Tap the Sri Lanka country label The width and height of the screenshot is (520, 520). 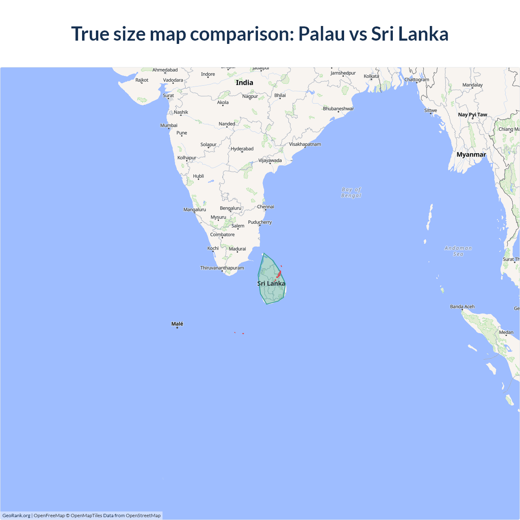coord(271,284)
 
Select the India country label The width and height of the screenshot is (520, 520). coord(245,82)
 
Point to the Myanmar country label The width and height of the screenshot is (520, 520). coord(471,154)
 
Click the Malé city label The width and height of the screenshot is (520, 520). coord(177,324)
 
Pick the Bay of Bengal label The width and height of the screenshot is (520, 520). coord(351,193)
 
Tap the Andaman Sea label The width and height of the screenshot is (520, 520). coord(458,251)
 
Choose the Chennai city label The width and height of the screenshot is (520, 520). coord(266,207)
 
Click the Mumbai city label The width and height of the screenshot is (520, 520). coord(169,126)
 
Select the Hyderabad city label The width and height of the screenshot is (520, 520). coord(242,149)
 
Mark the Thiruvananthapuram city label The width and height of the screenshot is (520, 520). coord(222,268)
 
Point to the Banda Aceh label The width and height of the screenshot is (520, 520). coord(462,307)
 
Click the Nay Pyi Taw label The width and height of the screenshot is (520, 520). coord(472,115)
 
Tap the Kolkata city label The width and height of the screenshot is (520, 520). coord(371,76)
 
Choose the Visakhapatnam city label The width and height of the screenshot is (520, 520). coord(305,144)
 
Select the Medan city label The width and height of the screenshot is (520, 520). coord(506,332)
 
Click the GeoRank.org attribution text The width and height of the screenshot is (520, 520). coord(16,516)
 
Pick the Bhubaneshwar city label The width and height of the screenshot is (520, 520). coord(338,108)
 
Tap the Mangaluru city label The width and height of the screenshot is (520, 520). coord(195,210)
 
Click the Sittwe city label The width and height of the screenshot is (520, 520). coord(431,110)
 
